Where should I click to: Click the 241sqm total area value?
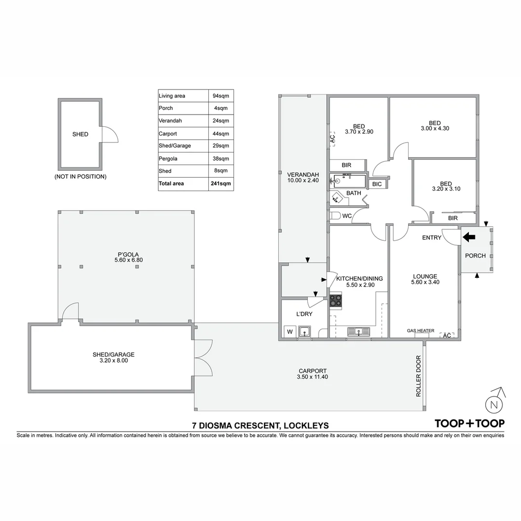pyautogui.click(x=221, y=183)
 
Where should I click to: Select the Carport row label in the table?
pyautogui.click(x=167, y=134)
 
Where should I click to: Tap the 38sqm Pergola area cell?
pyautogui.click(x=221, y=158)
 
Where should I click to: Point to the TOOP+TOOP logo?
pyautogui.click(x=469, y=424)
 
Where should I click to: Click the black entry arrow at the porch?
pyautogui.click(x=469, y=236)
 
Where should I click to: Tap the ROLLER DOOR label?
pyautogui.click(x=418, y=376)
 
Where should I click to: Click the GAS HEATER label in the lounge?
pyautogui.click(x=421, y=331)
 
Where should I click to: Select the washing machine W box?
pyautogui.click(x=290, y=331)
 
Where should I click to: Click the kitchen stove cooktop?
pyautogui.click(x=336, y=301)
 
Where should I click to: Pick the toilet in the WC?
pyautogui.click(x=335, y=216)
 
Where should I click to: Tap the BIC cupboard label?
pyautogui.click(x=377, y=184)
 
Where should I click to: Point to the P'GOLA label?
pyautogui.click(x=125, y=254)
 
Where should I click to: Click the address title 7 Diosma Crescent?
pyautogui.click(x=260, y=425)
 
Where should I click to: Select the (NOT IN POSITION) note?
pyautogui.click(x=80, y=177)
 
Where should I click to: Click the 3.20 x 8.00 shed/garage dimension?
pyautogui.click(x=111, y=360)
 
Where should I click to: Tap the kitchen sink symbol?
pyautogui.click(x=358, y=331)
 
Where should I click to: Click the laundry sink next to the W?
pyautogui.click(x=304, y=331)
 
